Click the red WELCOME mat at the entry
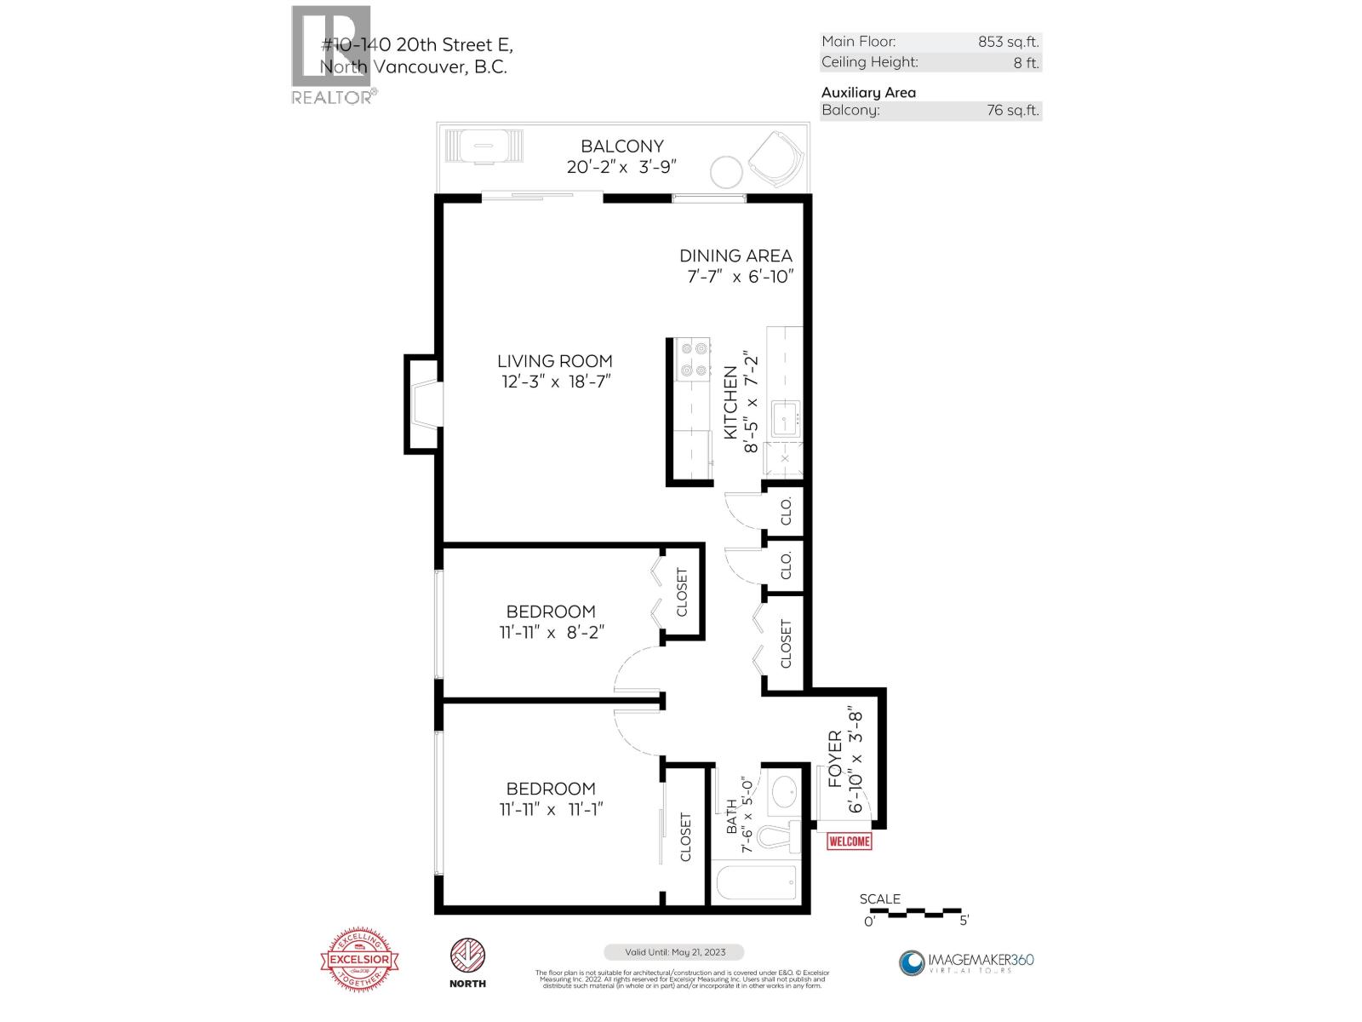[850, 841]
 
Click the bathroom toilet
[778, 839]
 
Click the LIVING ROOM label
[555, 361]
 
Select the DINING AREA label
[735, 255]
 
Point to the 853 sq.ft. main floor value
[1009, 42]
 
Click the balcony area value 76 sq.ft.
[1013, 110]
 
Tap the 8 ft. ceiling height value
[1026, 62]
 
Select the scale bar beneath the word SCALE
[917, 912]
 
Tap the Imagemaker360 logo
[966, 962]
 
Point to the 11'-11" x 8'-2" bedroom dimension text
[552, 633]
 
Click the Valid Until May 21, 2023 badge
[673, 952]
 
